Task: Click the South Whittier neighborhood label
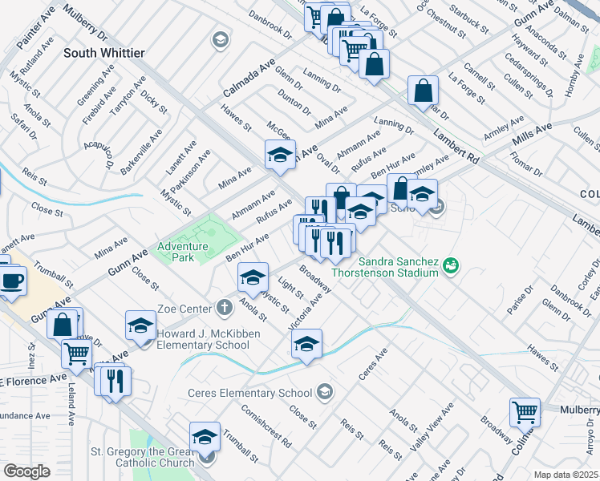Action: pos(104,53)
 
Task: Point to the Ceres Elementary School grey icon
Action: pos(324,392)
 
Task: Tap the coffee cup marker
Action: pos(12,281)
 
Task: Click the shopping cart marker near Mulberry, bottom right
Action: pos(525,412)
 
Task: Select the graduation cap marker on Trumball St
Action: pos(205,437)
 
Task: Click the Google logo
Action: pos(26,471)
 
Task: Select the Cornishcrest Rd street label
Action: pos(266,426)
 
